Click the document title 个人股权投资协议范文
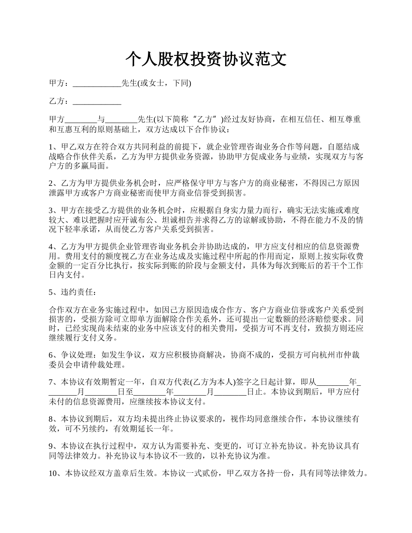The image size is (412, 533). coord(206,59)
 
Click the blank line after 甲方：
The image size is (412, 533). coord(97,83)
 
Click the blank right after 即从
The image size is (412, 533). coord(333,383)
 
